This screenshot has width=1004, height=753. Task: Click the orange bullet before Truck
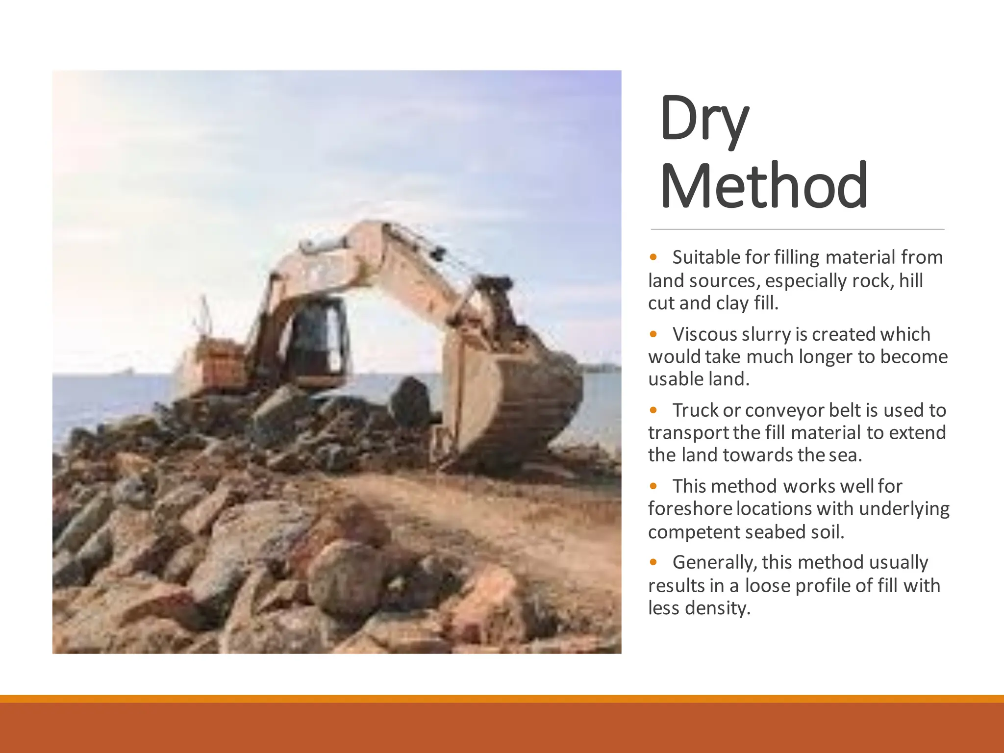click(x=653, y=409)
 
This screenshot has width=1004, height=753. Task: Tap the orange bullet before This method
click(x=653, y=486)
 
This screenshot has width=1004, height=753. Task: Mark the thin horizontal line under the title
click(x=797, y=229)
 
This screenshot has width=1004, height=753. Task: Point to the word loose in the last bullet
click(x=767, y=585)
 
